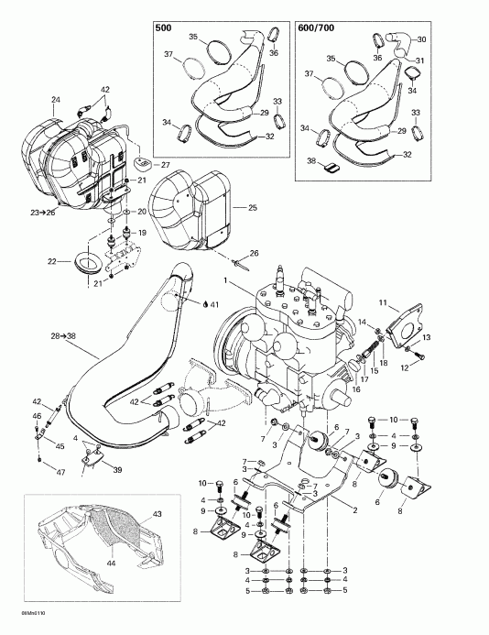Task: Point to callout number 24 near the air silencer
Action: [x=56, y=98]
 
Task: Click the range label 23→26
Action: [x=43, y=213]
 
